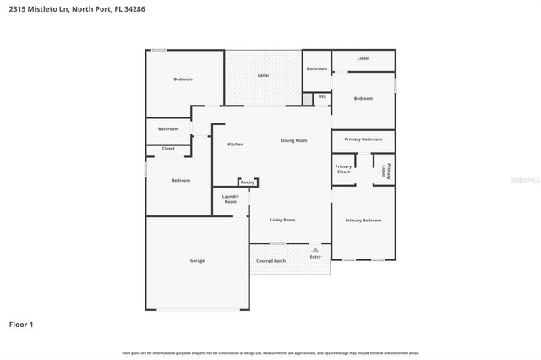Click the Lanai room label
(x=263, y=76)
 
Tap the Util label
(x=322, y=97)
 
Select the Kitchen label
(x=235, y=145)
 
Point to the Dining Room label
(x=294, y=140)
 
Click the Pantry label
(x=247, y=183)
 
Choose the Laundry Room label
(x=230, y=199)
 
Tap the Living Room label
(x=282, y=220)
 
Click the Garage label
(x=197, y=261)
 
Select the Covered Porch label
(x=270, y=261)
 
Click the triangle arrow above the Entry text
(x=315, y=249)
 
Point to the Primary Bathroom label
(x=363, y=139)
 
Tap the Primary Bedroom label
(x=363, y=220)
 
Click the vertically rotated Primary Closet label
(x=385, y=170)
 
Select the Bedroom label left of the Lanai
(x=183, y=79)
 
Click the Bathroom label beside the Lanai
(x=317, y=68)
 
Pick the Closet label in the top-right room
(x=363, y=58)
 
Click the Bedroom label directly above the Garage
(x=181, y=180)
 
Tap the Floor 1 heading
(x=21, y=324)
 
